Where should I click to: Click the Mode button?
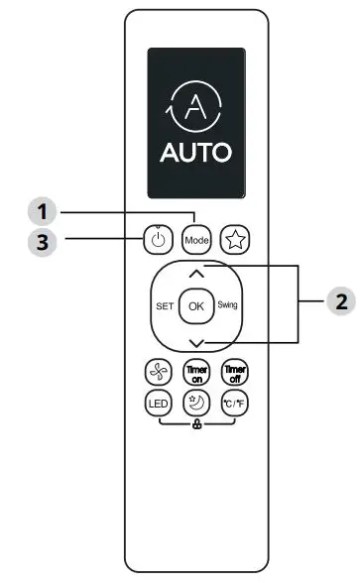194,239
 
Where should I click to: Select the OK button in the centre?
195,305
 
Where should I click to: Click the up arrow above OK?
195,272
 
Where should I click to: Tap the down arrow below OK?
195,340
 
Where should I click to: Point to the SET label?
165,305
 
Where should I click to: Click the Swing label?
227,305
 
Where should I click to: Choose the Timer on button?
195,372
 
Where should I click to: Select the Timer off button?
235,372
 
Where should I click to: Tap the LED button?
157,404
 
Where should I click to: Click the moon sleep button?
195,404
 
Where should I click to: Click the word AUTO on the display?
195,154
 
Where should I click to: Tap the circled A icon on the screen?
195,105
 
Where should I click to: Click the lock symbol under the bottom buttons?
195,427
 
